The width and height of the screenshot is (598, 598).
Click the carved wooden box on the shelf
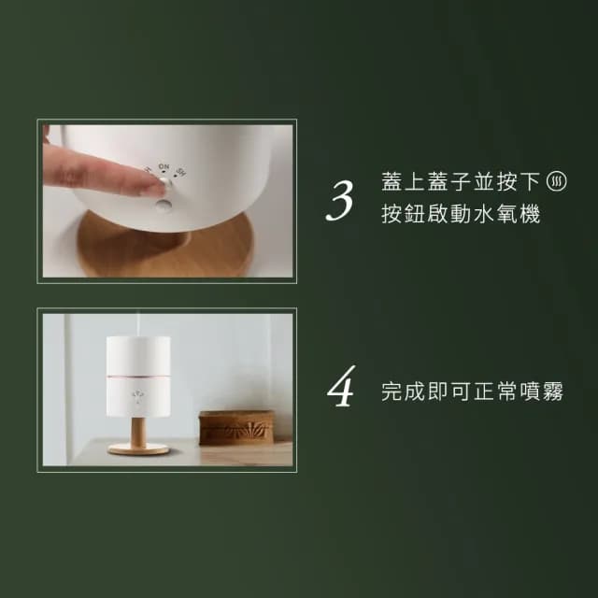(x=236, y=425)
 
